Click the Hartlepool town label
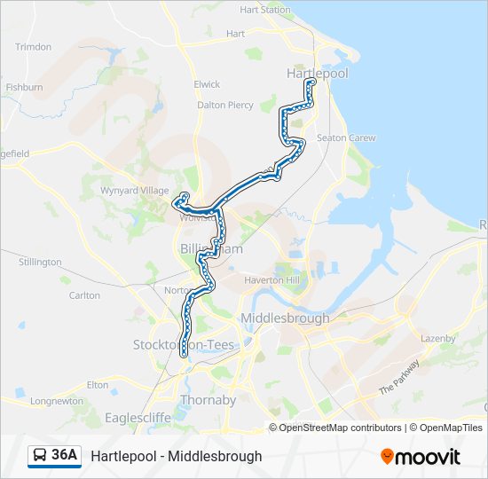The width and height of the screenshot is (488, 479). click(317, 74)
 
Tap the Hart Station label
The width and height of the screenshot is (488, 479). click(264, 11)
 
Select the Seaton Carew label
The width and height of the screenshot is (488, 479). click(346, 137)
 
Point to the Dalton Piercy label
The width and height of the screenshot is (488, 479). click(224, 105)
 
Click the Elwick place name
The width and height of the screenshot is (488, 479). click(207, 84)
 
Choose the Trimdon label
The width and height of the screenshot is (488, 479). click(34, 47)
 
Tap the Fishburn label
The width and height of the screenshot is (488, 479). click(24, 88)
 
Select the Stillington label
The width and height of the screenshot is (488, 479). click(40, 262)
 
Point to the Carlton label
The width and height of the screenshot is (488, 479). click(84, 295)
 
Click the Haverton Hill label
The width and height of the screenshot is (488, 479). click(280, 279)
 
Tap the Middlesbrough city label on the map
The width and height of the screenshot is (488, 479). click(285, 318)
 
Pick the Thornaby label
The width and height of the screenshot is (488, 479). click(208, 400)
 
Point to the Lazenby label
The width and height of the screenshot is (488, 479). click(437, 338)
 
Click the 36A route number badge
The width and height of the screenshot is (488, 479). click(63, 455)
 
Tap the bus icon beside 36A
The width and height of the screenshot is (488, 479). click(40, 456)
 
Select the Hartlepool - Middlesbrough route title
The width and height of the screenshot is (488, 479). click(176, 456)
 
